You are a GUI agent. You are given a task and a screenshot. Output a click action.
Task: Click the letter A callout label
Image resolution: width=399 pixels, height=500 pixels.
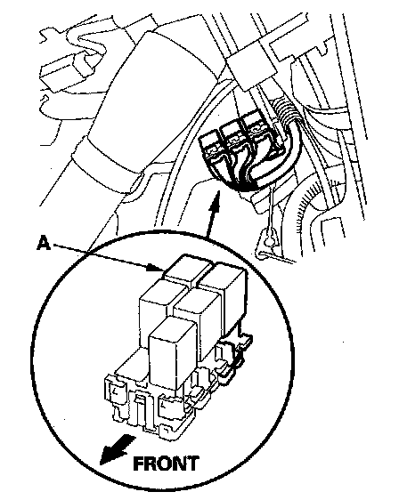coord(44,243)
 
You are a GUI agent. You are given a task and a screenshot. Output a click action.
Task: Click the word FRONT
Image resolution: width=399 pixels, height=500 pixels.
coord(166,464)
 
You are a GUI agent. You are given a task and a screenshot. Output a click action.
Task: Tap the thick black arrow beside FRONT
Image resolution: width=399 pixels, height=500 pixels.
coord(116,449)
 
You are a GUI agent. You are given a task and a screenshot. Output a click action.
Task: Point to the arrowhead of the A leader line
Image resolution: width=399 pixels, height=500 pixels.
coord(156,268)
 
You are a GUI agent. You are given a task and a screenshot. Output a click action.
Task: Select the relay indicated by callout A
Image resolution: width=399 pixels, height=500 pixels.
coord(187,270)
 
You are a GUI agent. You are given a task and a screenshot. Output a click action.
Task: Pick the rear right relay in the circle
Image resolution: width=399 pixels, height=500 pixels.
coord(224,294)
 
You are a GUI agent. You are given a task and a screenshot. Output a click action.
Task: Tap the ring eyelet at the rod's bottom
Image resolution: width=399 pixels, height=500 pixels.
coord(270,238)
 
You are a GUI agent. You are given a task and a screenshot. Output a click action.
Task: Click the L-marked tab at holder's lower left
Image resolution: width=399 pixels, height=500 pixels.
coord(113,391)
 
